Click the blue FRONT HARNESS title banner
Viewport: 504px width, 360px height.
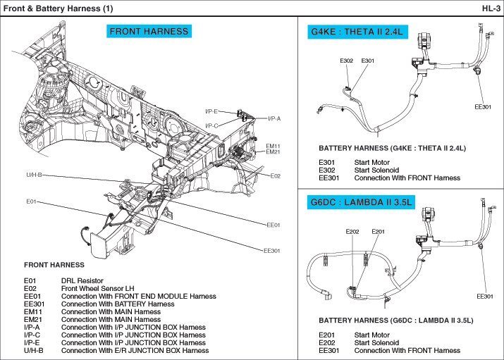tap(149, 31)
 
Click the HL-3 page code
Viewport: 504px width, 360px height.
tap(491, 8)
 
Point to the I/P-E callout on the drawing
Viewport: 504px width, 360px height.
tap(211, 111)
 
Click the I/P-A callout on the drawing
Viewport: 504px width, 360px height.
tap(274, 118)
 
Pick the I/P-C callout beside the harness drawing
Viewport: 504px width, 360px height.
tap(211, 125)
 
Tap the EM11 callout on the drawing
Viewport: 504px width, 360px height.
tap(273, 146)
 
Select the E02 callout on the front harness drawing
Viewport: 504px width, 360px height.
tap(276, 175)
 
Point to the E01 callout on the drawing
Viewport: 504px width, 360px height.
tap(31, 202)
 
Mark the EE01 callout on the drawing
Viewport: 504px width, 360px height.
tap(273, 225)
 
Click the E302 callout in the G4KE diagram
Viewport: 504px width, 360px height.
tap(346, 61)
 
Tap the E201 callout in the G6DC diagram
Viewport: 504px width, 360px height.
tap(378, 231)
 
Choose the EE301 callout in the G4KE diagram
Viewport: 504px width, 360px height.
tap(482, 106)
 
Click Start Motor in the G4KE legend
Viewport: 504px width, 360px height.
tap(372, 163)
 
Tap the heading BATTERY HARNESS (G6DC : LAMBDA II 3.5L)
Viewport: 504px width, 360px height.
tap(395, 320)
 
